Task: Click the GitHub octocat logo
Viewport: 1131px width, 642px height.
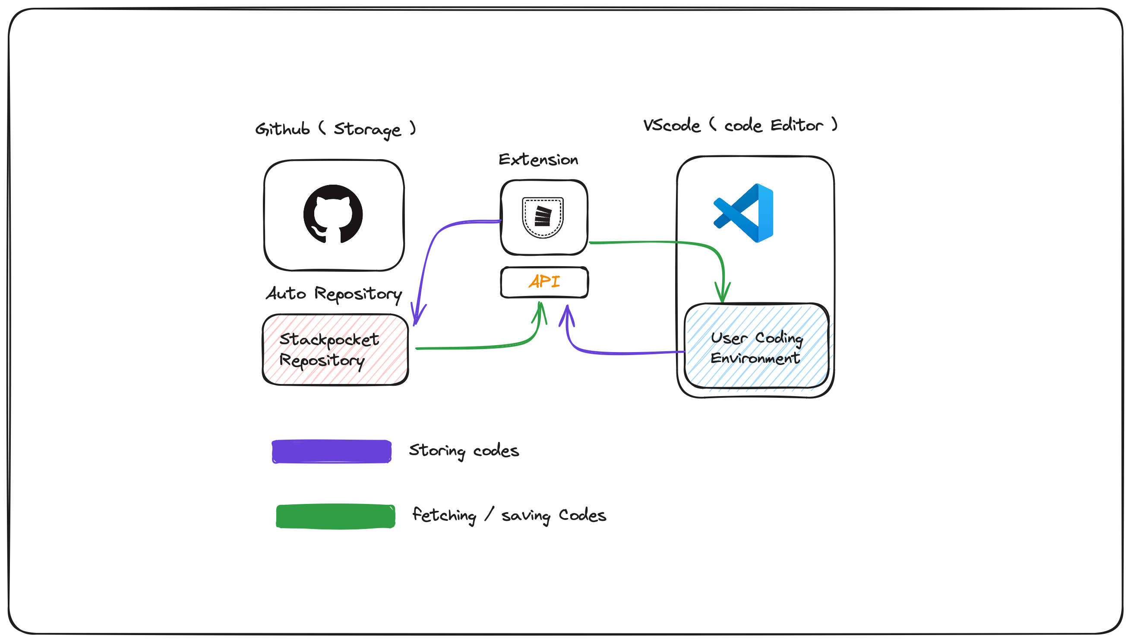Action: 333,214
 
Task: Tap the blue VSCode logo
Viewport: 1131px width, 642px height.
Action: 743,213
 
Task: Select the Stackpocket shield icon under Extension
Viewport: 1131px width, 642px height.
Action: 543,217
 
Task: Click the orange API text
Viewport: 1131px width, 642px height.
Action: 544,281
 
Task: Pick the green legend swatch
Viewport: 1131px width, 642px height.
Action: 335,516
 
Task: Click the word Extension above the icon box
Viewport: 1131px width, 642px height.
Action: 538,160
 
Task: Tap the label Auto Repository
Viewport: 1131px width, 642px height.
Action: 334,294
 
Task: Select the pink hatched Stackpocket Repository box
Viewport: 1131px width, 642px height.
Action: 335,349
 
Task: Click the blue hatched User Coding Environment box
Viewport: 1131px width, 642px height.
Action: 756,346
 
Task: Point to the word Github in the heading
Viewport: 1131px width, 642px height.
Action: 282,129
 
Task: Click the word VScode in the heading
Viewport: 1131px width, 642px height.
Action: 671,126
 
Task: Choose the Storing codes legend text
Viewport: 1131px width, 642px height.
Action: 464,450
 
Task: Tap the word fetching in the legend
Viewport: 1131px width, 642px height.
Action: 444,515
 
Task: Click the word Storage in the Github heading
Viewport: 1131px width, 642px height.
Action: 367,129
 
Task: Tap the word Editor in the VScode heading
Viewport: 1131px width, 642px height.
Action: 796,125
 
